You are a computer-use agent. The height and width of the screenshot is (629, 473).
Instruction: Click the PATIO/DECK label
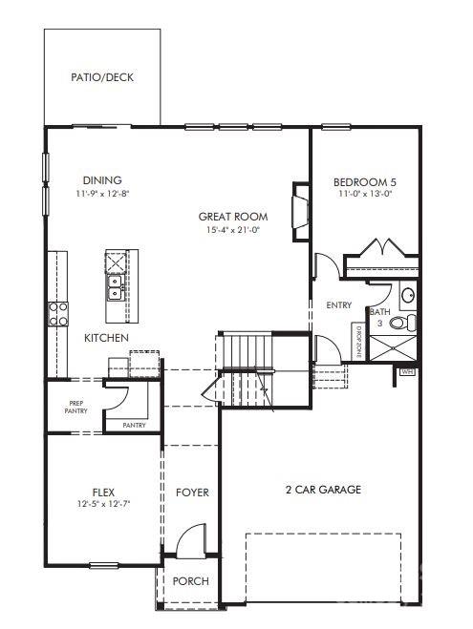coord(102,77)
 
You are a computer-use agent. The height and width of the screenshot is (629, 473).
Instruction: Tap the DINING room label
coord(102,179)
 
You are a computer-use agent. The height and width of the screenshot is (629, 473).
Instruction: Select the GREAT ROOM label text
coord(233,217)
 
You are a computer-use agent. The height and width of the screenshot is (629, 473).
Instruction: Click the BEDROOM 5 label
coord(365,181)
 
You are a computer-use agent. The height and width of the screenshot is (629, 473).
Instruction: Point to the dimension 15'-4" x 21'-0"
coord(233,230)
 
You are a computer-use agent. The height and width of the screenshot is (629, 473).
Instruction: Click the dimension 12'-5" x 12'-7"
coord(103,504)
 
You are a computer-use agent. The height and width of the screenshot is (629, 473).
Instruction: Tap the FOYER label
coord(192,493)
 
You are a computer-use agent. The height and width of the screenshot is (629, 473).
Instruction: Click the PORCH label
coord(190,581)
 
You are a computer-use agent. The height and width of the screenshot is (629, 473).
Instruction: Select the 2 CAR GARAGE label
coord(323,490)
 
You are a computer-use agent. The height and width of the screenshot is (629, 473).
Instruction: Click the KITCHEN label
coord(107,338)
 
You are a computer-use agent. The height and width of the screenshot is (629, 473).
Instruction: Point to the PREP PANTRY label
coord(77,407)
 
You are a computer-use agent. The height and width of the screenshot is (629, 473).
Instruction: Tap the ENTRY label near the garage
coord(339,305)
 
